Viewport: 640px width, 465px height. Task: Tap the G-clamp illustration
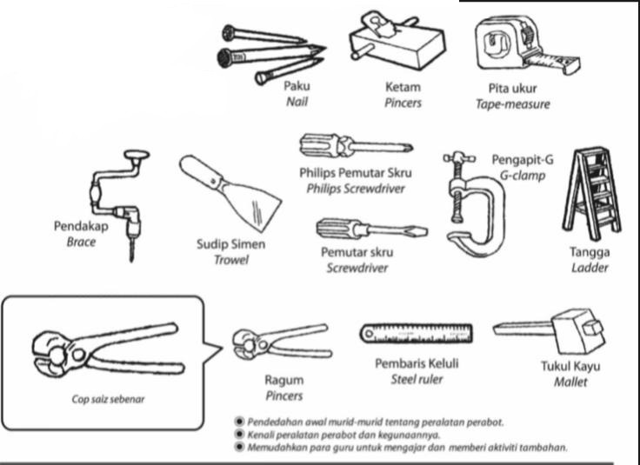click(x=474, y=205)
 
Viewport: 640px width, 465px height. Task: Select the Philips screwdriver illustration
click(x=352, y=143)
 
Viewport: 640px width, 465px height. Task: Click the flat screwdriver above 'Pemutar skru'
click(x=361, y=230)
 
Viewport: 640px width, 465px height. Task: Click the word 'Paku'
click(x=297, y=86)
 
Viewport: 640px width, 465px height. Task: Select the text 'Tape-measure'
click(x=519, y=103)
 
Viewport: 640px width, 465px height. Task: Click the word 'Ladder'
click(x=590, y=268)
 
